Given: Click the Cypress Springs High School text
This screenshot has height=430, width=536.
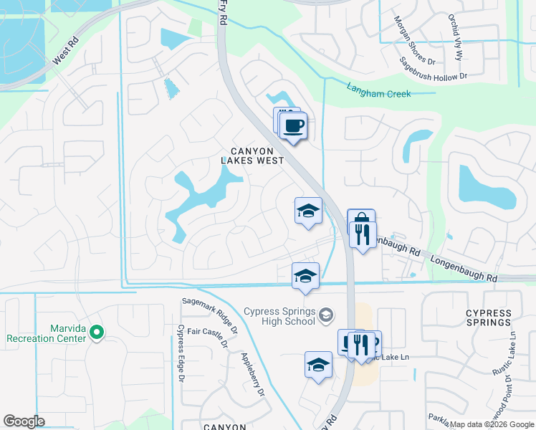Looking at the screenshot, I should (279, 316).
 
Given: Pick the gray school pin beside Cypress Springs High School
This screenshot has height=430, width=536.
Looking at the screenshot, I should (326, 315).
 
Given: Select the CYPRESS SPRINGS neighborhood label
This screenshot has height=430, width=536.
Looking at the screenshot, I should (489, 317).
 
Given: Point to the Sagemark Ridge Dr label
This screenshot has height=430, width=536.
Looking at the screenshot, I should (210, 316).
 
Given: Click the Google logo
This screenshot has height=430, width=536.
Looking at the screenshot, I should (24, 421).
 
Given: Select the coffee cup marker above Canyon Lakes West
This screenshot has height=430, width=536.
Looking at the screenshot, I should (292, 127).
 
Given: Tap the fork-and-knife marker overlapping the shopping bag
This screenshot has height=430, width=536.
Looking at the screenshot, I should (363, 233).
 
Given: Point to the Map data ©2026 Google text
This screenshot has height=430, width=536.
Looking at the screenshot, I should (492, 424).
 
